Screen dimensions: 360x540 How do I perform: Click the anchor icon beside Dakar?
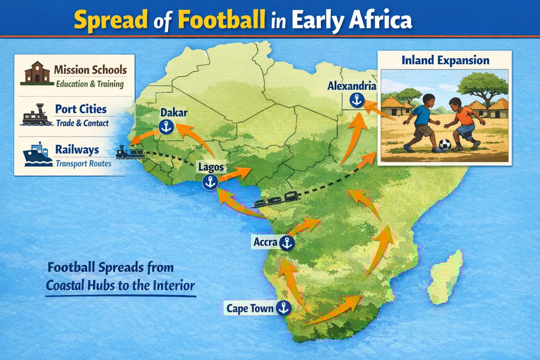pyautogui.click(x=166, y=127)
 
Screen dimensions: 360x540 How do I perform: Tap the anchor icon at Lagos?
pyautogui.click(x=210, y=182)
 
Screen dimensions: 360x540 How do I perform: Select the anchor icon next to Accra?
pyautogui.click(x=286, y=243)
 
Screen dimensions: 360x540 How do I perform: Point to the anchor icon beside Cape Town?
pyautogui.click(x=284, y=308)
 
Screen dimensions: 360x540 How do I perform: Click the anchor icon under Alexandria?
pyautogui.click(x=357, y=100)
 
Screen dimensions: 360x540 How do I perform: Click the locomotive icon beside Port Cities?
pyautogui.click(x=37, y=114)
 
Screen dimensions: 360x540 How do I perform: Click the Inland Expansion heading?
pyautogui.click(x=445, y=61)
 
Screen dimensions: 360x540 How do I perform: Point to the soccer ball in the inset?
pyautogui.click(x=445, y=144)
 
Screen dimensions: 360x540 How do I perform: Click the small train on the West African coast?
pyautogui.click(x=130, y=153)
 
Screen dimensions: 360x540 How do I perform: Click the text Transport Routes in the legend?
pyautogui.click(x=83, y=163)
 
